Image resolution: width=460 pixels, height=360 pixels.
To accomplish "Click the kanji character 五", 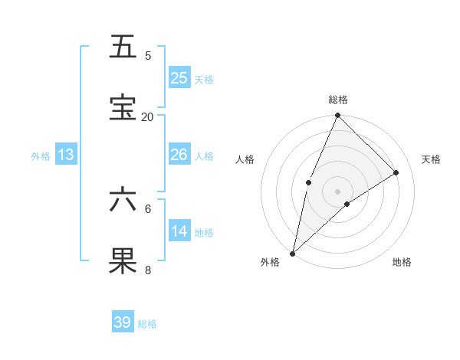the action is tap(123, 48).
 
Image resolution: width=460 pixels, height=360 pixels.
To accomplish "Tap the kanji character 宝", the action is tap(123, 108).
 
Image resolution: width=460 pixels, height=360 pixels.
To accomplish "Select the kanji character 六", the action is tap(123, 200).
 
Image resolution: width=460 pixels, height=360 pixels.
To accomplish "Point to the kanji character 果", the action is tap(123, 261).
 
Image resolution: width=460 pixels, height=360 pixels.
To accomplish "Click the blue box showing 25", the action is tap(179, 77).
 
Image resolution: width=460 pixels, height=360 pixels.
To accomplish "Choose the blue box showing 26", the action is tap(179, 155).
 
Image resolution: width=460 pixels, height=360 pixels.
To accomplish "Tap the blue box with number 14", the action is tap(179, 231).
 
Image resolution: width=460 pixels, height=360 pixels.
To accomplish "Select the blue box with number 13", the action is tap(66, 155).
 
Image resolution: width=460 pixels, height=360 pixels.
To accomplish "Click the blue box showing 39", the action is tap(123, 322).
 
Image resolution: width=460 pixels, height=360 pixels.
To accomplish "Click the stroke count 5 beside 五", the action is tap(148, 56).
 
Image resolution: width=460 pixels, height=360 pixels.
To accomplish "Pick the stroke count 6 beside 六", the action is tap(148, 208).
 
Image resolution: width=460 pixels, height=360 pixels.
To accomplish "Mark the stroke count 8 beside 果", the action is tap(148, 270).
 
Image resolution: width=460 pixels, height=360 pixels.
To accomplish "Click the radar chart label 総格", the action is tap(337, 100).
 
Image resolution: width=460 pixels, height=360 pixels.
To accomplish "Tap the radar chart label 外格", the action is tap(270, 262).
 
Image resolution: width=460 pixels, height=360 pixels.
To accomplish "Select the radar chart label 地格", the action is tap(402, 262).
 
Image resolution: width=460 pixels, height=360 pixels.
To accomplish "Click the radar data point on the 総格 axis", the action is tap(337, 116).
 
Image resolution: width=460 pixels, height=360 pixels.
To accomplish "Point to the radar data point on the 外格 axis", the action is tap(292, 253).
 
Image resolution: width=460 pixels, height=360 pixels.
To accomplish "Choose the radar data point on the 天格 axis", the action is tap(396, 172).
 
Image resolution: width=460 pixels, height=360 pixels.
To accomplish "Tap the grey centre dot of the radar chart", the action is tap(337, 191).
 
